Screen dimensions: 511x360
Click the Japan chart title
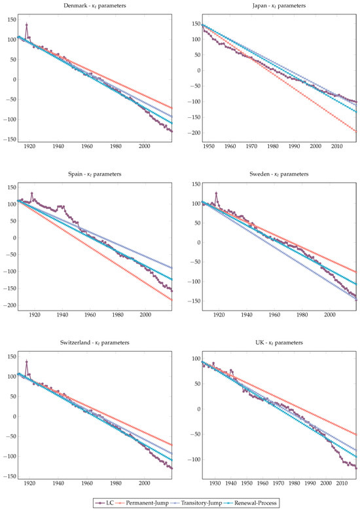[x=273, y=6]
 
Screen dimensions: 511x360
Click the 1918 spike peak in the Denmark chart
[x=27, y=25]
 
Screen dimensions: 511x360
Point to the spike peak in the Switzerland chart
[x=27, y=361]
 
